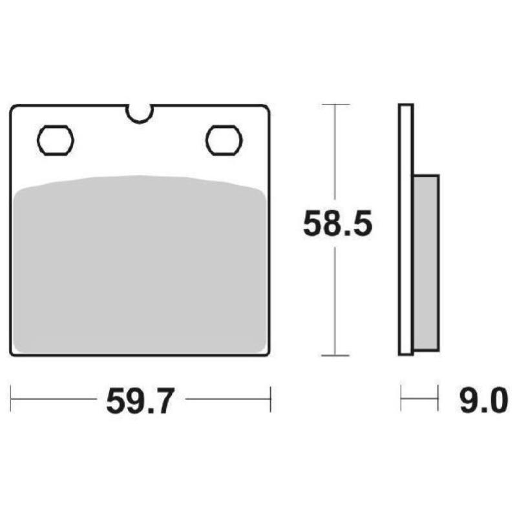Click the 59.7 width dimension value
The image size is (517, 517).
point(139,401)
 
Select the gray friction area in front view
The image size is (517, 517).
point(139,265)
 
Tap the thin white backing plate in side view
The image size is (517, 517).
point(406,229)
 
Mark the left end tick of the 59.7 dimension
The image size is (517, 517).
point(12,399)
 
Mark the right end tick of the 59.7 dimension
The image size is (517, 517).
point(270,399)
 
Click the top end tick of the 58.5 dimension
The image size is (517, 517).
point(335,104)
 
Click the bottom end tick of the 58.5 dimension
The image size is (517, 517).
point(335,355)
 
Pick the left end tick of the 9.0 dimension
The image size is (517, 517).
point(401,399)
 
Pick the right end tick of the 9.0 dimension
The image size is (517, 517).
point(439,399)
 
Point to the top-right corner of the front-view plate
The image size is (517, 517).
point(266,107)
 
